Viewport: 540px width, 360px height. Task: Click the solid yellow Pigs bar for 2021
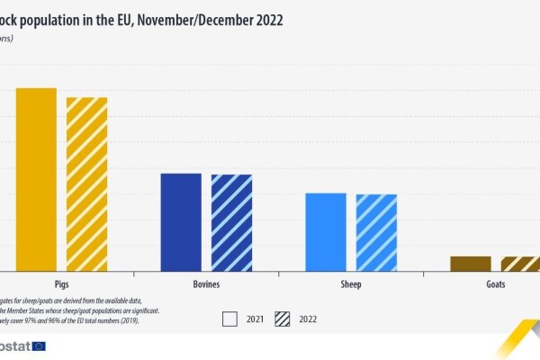click(36, 179)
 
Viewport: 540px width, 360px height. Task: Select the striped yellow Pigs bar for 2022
click(86, 184)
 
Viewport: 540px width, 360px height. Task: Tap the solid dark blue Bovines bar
click(181, 221)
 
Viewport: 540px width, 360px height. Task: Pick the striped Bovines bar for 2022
click(231, 222)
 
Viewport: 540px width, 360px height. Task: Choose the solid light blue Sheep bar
click(326, 231)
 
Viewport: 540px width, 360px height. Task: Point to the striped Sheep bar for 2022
click(376, 232)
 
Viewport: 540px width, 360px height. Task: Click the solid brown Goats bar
click(471, 263)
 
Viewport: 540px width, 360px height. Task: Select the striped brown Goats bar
click(520, 263)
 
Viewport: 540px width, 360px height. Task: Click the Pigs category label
click(62, 284)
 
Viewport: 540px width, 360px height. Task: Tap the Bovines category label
click(206, 284)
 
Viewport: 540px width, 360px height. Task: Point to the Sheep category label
click(351, 284)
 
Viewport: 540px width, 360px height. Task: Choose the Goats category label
click(495, 284)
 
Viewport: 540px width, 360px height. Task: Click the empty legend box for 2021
click(229, 319)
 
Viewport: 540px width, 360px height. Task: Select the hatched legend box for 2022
click(282, 319)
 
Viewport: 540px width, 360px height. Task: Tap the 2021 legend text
click(256, 319)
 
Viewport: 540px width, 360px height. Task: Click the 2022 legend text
click(308, 319)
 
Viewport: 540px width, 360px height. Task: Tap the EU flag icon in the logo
click(38, 346)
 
